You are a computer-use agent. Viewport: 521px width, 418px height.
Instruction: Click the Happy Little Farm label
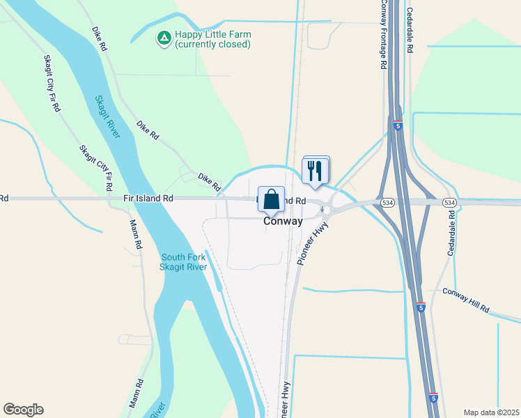(212, 34)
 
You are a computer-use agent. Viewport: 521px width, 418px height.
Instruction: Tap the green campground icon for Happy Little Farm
(164, 38)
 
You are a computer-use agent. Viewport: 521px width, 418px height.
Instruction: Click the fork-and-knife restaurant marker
(316, 169)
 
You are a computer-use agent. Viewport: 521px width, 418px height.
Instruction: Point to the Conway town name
(283, 222)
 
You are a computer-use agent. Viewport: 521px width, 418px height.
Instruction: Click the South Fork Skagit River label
(183, 262)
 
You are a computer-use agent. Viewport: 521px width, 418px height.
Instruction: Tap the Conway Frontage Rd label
(383, 35)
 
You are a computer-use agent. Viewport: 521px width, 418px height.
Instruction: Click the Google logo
(23, 410)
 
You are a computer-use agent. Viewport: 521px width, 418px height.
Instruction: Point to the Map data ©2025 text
(491, 412)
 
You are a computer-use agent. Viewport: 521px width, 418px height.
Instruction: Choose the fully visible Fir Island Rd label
(148, 199)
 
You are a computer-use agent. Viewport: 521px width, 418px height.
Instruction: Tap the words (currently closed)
(212, 45)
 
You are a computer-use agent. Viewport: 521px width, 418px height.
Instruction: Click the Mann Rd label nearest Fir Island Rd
(135, 235)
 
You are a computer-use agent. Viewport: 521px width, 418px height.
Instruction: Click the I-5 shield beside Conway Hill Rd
(421, 307)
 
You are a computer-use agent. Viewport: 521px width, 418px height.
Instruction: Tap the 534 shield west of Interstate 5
(387, 202)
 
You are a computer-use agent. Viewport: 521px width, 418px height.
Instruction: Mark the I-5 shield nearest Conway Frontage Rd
(396, 125)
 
